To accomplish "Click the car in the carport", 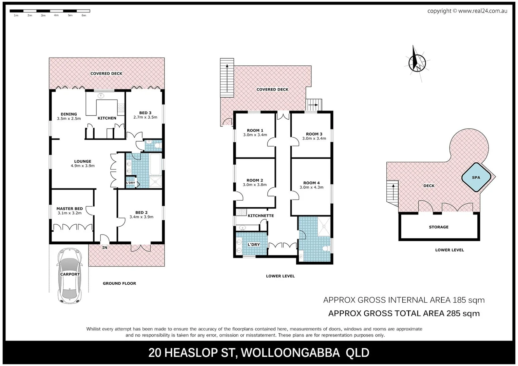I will pyautogui.click(x=70, y=276).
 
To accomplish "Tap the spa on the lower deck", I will pyautogui.click(x=476, y=178).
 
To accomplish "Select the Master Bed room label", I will pyautogui.click(x=70, y=209).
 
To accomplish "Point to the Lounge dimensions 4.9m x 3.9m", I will pyautogui.click(x=82, y=166).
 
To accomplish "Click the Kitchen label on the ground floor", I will pyautogui.click(x=107, y=118).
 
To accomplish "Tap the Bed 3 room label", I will pyautogui.click(x=145, y=113).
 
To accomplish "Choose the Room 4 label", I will pyautogui.click(x=311, y=183).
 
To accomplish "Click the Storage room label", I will pyautogui.click(x=438, y=227).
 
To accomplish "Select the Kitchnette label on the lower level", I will pyautogui.click(x=261, y=216).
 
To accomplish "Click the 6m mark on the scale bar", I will pyautogui.click(x=84, y=16).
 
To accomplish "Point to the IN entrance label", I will pyautogui.click(x=105, y=248).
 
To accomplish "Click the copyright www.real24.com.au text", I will pyautogui.click(x=467, y=11).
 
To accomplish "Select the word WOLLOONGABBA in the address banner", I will pyautogui.click(x=290, y=353).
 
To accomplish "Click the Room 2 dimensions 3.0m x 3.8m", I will pyautogui.click(x=254, y=185).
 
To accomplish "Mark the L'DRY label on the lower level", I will pyautogui.click(x=253, y=245).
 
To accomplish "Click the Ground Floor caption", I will pyautogui.click(x=119, y=283).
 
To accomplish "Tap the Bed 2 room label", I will pyautogui.click(x=141, y=212).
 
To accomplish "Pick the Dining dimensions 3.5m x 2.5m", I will pyautogui.click(x=69, y=119).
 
